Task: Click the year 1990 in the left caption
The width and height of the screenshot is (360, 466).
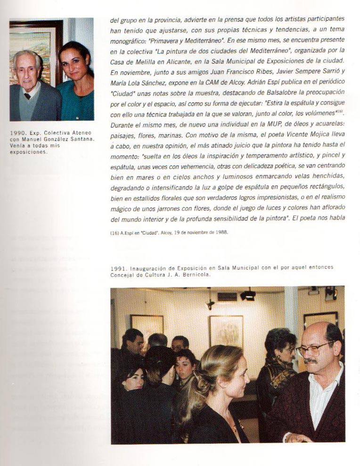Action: tap(16, 133)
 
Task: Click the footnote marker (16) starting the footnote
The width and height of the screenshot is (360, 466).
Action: tap(115, 232)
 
